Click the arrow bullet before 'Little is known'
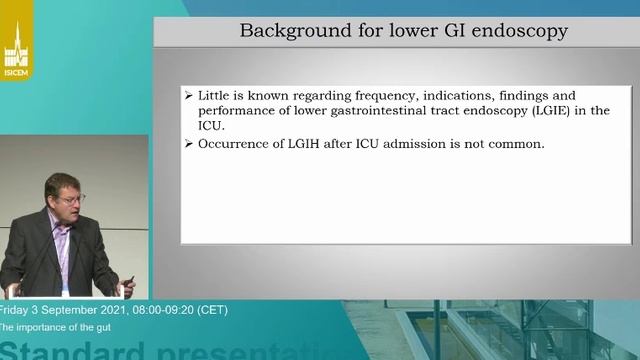(188, 95)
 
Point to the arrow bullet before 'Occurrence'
(188, 144)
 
